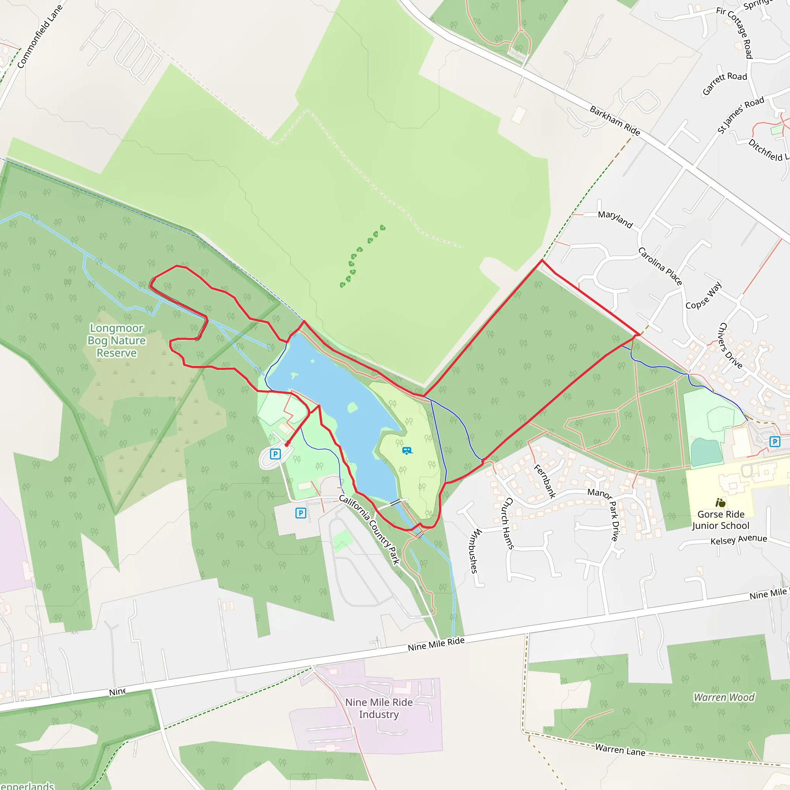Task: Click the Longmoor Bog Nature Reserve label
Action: tap(116, 340)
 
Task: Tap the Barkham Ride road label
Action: tap(614, 121)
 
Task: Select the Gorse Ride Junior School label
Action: tap(721, 520)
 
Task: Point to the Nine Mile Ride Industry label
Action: tap(379, 708)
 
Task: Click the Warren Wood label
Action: tap(724, 697)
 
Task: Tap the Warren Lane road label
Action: tap(620, 749)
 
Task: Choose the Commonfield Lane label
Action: tap(40, 36)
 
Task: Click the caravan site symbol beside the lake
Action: tap(407, 451)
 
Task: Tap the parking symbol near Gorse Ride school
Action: tap(775, 442)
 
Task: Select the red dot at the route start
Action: tap(287, 444)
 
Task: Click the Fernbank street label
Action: tap(545, 481)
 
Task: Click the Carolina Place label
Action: tap(660, 266)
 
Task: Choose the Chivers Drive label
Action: tap(730, 346)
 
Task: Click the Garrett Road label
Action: tap(724, 83)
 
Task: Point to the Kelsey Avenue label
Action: tap(738, 540)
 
